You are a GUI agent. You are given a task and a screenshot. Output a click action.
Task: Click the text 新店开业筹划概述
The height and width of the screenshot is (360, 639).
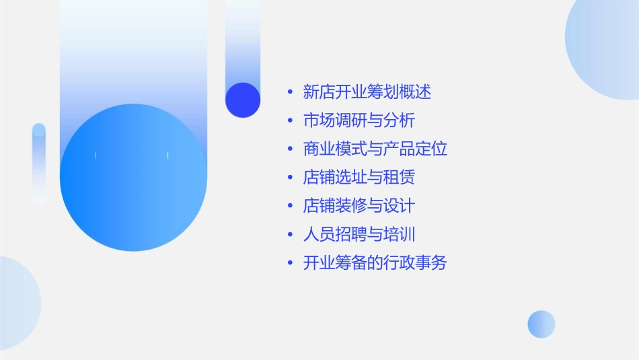click(x=367, y=92)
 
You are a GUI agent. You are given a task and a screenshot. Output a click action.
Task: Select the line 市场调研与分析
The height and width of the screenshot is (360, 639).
click(x=359, y=120)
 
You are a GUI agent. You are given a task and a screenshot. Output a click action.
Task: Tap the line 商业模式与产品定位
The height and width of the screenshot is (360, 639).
click(x=375, y=149)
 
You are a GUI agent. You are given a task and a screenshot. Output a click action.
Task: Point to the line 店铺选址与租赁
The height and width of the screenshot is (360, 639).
click(x=359, y=177)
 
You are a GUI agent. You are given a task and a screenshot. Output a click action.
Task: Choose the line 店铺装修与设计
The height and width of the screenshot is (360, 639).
click(x=359, y=205)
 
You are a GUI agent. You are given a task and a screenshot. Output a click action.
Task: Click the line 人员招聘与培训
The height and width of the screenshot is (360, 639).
click(x=359, y=234)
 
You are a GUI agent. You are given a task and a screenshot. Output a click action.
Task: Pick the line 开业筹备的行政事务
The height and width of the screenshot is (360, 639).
click(x=375, y=262)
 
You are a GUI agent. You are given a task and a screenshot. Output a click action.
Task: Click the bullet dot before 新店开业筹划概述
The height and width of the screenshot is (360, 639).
click(x=290, y=92)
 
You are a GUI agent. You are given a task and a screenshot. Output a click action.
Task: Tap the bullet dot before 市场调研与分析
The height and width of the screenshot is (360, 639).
click(x=290, y=121)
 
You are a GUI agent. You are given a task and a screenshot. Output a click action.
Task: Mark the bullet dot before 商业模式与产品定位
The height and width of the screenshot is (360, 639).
click(x=290, y=149)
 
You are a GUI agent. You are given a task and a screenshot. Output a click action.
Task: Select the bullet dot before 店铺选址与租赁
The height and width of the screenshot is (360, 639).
click(x=290, y=178)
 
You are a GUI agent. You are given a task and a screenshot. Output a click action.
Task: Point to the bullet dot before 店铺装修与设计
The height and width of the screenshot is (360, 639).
click(x=290, y=206)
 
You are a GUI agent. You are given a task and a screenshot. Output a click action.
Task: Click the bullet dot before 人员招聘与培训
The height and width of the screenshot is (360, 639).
click(x=290, y=235)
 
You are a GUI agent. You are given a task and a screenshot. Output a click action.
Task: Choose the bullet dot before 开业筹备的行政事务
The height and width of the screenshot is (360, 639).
click(x=290, y=263)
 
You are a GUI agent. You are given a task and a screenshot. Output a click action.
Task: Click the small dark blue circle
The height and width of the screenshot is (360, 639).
click(x=243, y=100)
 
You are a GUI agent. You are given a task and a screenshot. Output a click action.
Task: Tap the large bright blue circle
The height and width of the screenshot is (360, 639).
click(x=133, y=178)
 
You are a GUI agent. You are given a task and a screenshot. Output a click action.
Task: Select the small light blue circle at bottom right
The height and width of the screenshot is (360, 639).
click(x=541, y=324)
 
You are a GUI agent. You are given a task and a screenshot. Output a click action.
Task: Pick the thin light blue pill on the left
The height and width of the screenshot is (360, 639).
click(x=39, y=164)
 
